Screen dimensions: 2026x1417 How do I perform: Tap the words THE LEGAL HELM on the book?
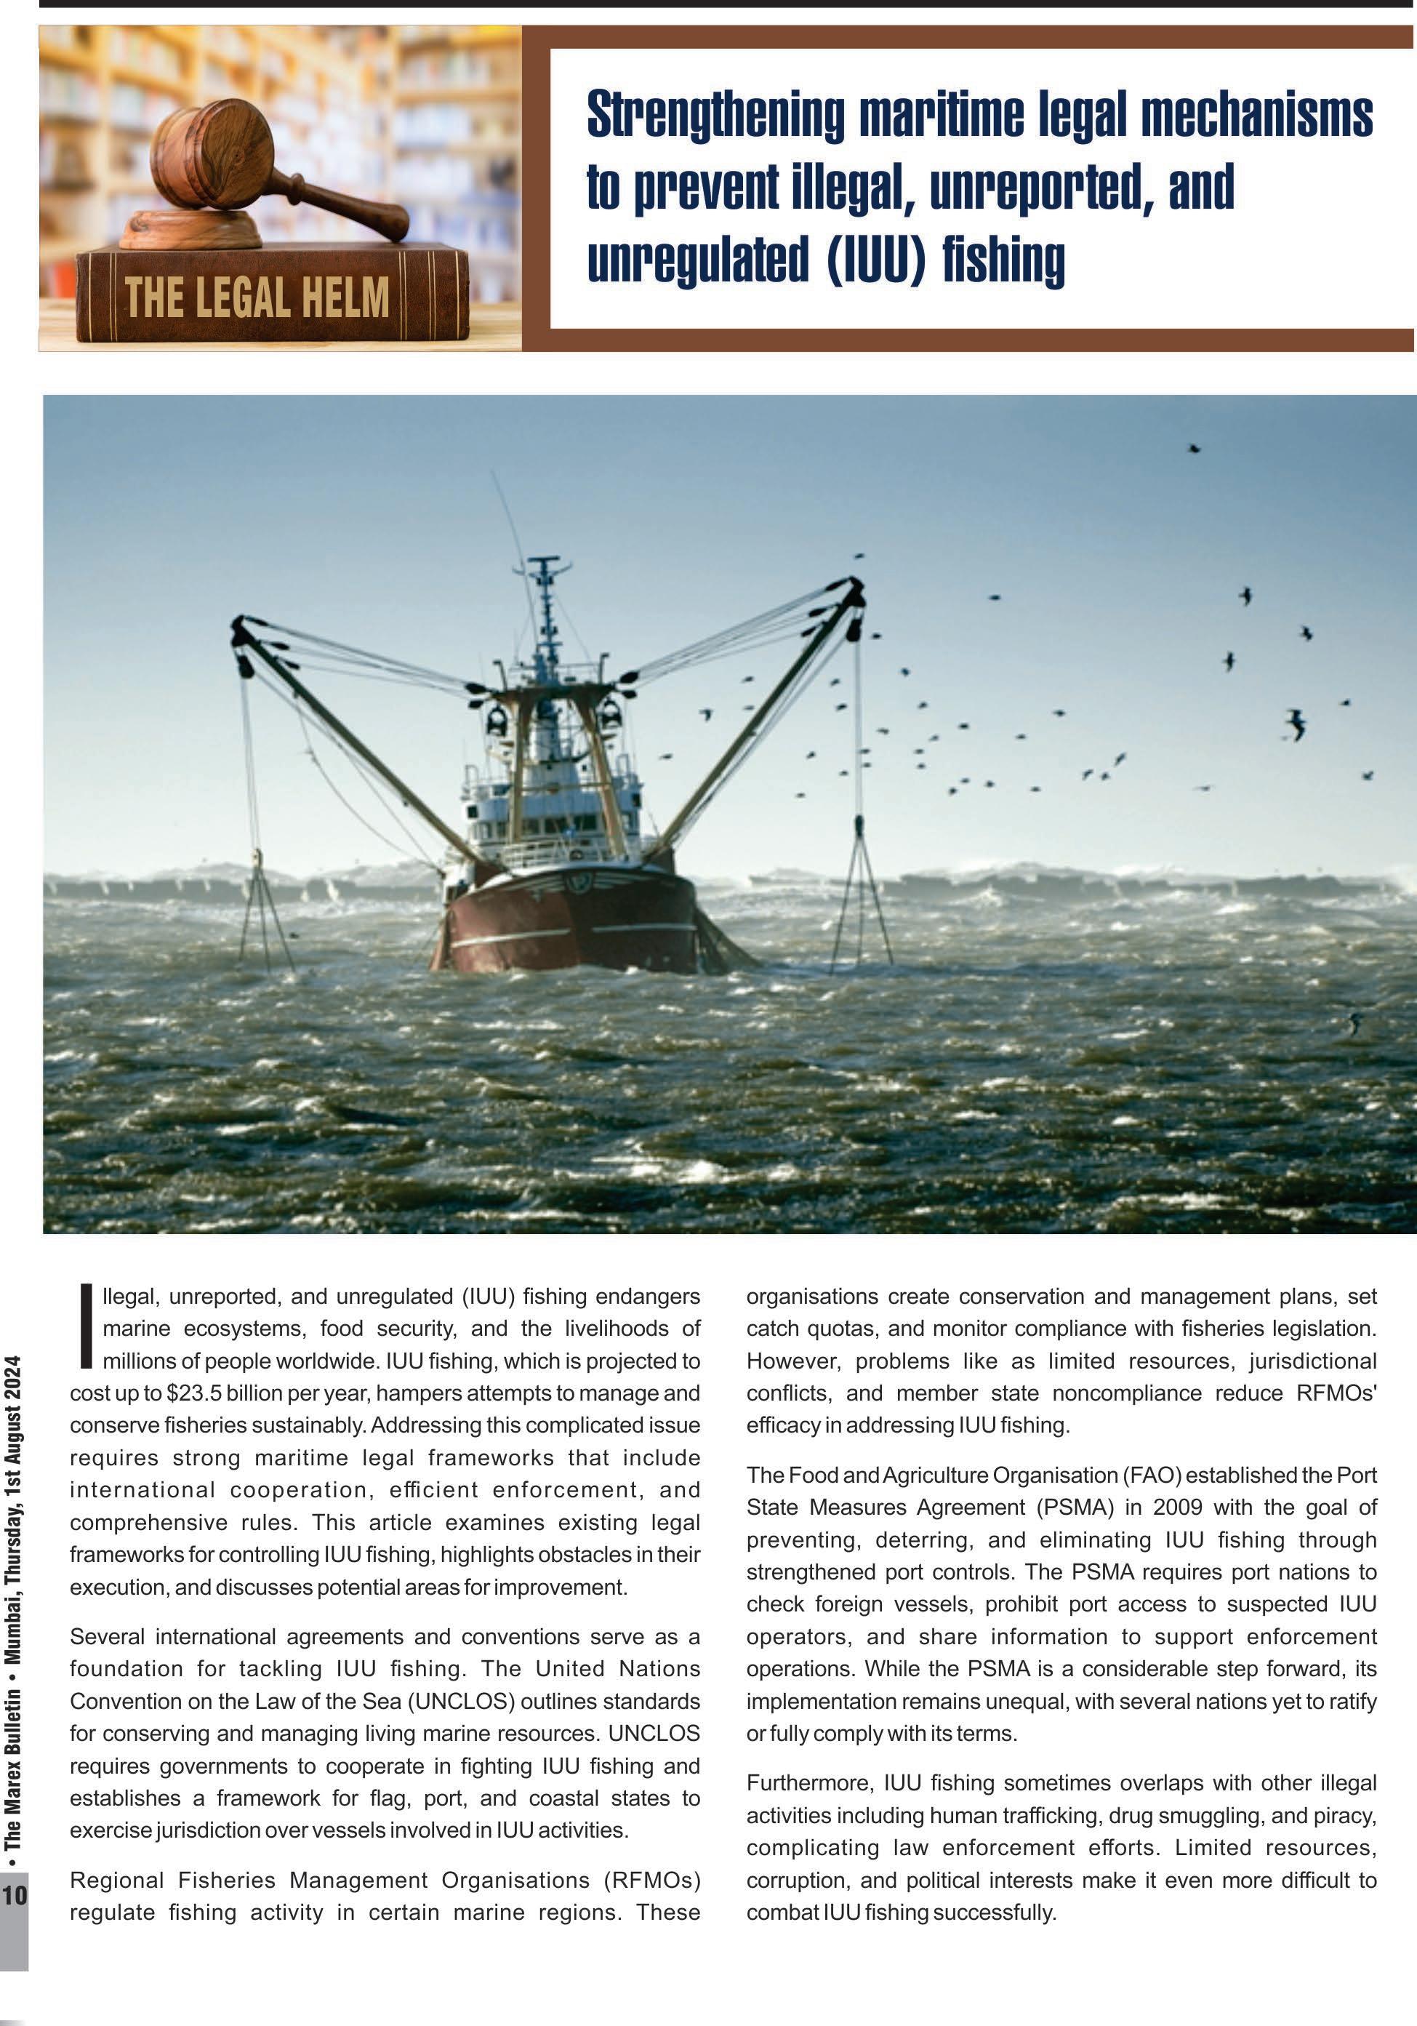tap(256, 297)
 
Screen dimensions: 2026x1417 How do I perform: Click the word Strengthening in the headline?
tap(715, 116)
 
